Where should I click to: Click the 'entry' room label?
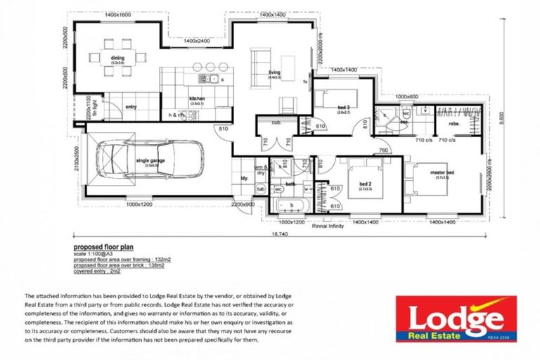click(x=131, y=107)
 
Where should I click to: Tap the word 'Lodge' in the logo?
click(x=456, y=318)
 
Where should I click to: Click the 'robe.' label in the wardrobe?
click(x=454, y=123)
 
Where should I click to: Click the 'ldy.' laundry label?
click(x=245, y=178)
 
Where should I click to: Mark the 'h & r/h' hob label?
click(x=176, y=115)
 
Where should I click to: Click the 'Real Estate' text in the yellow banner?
click(x=438, y=337)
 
